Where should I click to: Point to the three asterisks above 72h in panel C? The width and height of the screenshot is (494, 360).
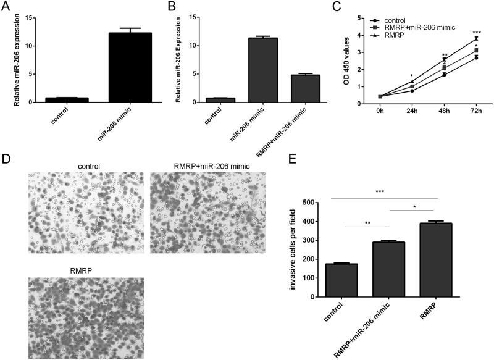click(x=476, y=33)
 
